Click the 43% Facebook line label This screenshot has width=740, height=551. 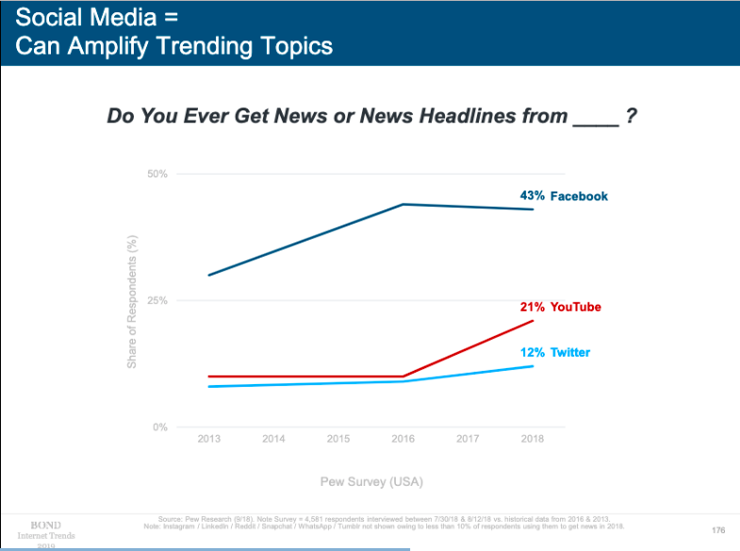[x=564, y=196]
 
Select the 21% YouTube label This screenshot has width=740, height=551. [x=560, y=308]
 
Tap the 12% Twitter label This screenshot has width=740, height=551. [x=555, y=352]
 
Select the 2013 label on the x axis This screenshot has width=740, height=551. [x=208, y=439]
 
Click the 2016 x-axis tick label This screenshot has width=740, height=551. [x=403, y=439]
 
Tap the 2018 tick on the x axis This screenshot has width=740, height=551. [x=534, y=439]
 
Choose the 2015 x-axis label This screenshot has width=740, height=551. [x=338, y=439]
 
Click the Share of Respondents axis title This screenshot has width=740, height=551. [x=133, y=301]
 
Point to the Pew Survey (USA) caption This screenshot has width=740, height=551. [x=370, y=482]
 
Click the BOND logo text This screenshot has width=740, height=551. [x=46, y=525]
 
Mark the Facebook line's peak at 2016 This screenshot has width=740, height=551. [x=403, y=204]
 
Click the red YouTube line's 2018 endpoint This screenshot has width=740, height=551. [x=534, y=321]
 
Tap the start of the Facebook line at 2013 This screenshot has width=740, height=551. [x=208, y=275]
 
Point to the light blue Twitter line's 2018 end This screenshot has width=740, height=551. [x=534, y=366]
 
